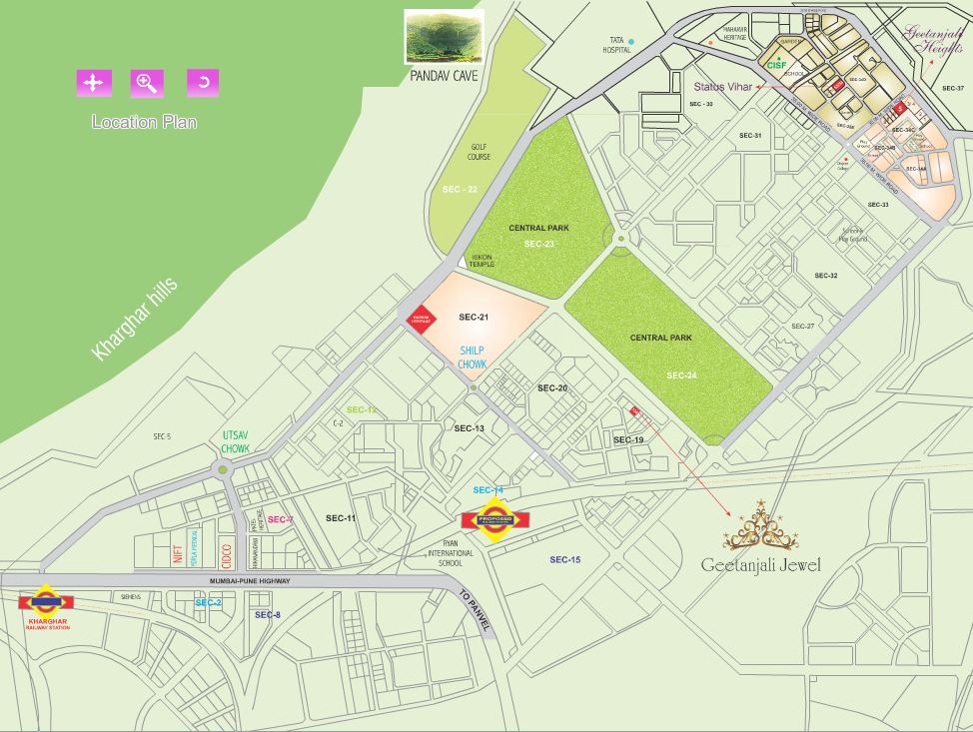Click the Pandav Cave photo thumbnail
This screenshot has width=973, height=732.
[x=444, y=37]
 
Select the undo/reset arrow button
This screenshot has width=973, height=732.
[x=203, y=83]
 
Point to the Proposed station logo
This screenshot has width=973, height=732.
[x=494, y=520]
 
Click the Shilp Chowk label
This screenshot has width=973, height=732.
[x=473, y=359]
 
